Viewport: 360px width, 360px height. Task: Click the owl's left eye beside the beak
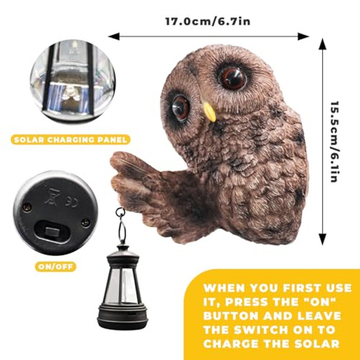point(181,107)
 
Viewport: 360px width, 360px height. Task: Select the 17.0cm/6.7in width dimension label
point(208,22)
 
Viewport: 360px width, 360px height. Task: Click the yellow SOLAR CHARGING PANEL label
point(69,140)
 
